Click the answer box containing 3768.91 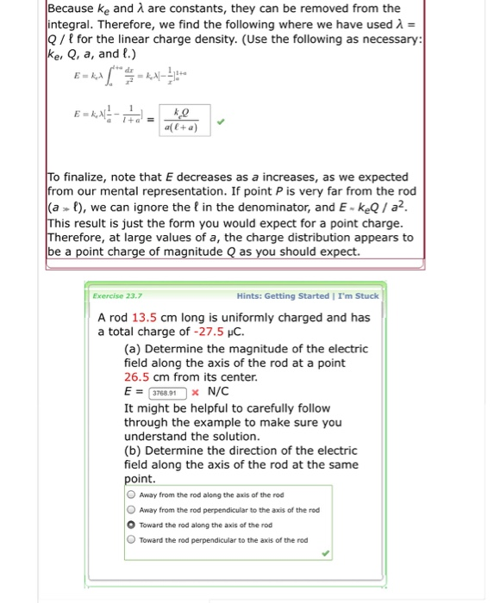point(168,393)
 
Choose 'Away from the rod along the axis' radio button point(131,494)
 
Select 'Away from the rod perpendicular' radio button point(131,509)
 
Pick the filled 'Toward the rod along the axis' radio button point(131,525)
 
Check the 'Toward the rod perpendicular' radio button point(131,540)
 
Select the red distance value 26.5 point(138,377)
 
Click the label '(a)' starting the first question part point(134,348)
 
